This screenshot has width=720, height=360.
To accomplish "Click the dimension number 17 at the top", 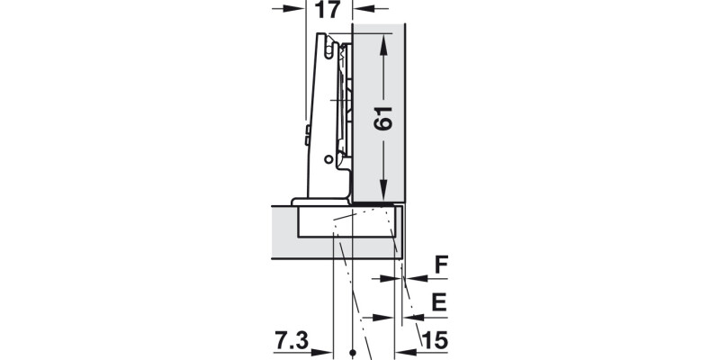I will click(328, 11).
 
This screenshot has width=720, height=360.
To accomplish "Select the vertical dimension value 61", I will click(384, 117).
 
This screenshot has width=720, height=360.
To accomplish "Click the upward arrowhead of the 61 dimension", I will click(384, 40).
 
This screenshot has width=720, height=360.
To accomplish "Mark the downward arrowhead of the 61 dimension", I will click(384, 193).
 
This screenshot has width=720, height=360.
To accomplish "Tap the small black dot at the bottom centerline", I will click(353, 352).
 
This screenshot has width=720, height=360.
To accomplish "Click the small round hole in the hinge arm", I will click(328, 160).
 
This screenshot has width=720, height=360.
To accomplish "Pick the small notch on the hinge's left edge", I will click(308, 135).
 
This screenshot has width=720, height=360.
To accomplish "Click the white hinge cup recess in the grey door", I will click(346, 223).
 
